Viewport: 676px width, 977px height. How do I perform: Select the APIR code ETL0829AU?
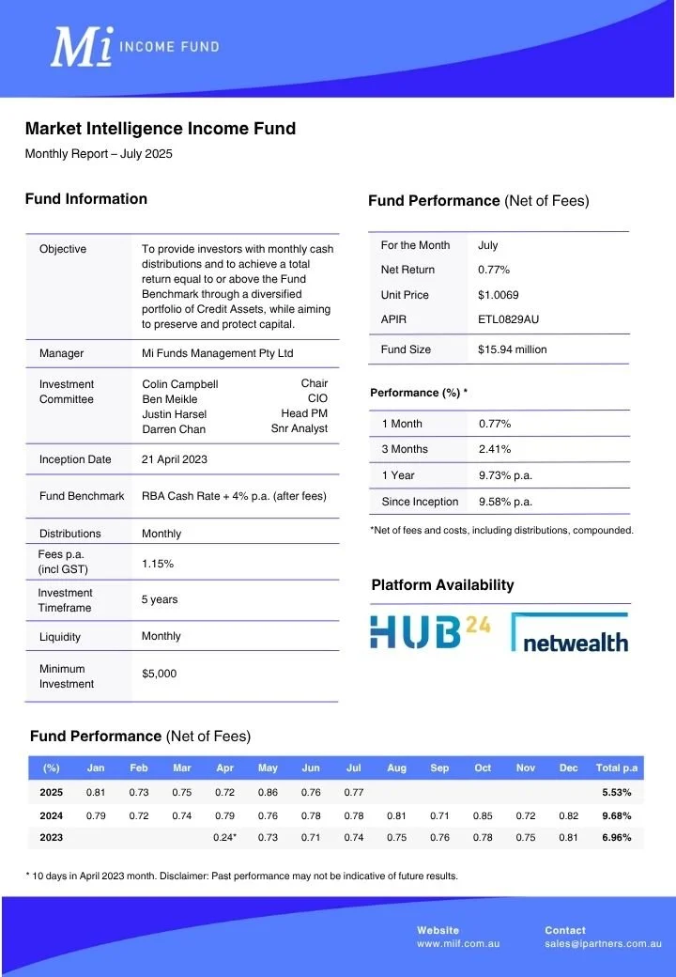coord(508,319)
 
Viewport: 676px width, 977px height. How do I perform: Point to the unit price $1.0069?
coord(499,295)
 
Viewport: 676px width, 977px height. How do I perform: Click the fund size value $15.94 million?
coord(512,349)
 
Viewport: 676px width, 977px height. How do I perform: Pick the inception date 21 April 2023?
coord(175,459)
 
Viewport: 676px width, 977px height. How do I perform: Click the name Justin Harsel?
coord(175,414)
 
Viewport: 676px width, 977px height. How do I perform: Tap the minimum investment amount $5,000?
coord(159,674)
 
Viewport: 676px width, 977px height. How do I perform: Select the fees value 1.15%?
coord(157,564)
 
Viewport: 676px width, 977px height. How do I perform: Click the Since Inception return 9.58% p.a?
coord(505,502)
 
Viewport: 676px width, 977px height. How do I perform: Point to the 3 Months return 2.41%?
coord(495,449)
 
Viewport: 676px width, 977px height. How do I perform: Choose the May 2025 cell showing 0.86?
coord(268,793)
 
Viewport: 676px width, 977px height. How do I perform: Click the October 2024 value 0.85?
coord(483,815)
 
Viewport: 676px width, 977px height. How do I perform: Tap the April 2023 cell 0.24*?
coord(225,838)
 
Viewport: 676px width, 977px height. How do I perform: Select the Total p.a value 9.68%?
coord(617,815)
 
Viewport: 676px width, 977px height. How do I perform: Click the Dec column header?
coord(568,768)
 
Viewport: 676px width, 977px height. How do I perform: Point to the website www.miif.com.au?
coord(458,943)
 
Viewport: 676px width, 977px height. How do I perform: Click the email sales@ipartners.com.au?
coord(603,943)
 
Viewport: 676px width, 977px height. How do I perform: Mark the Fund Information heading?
coord(86,199)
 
